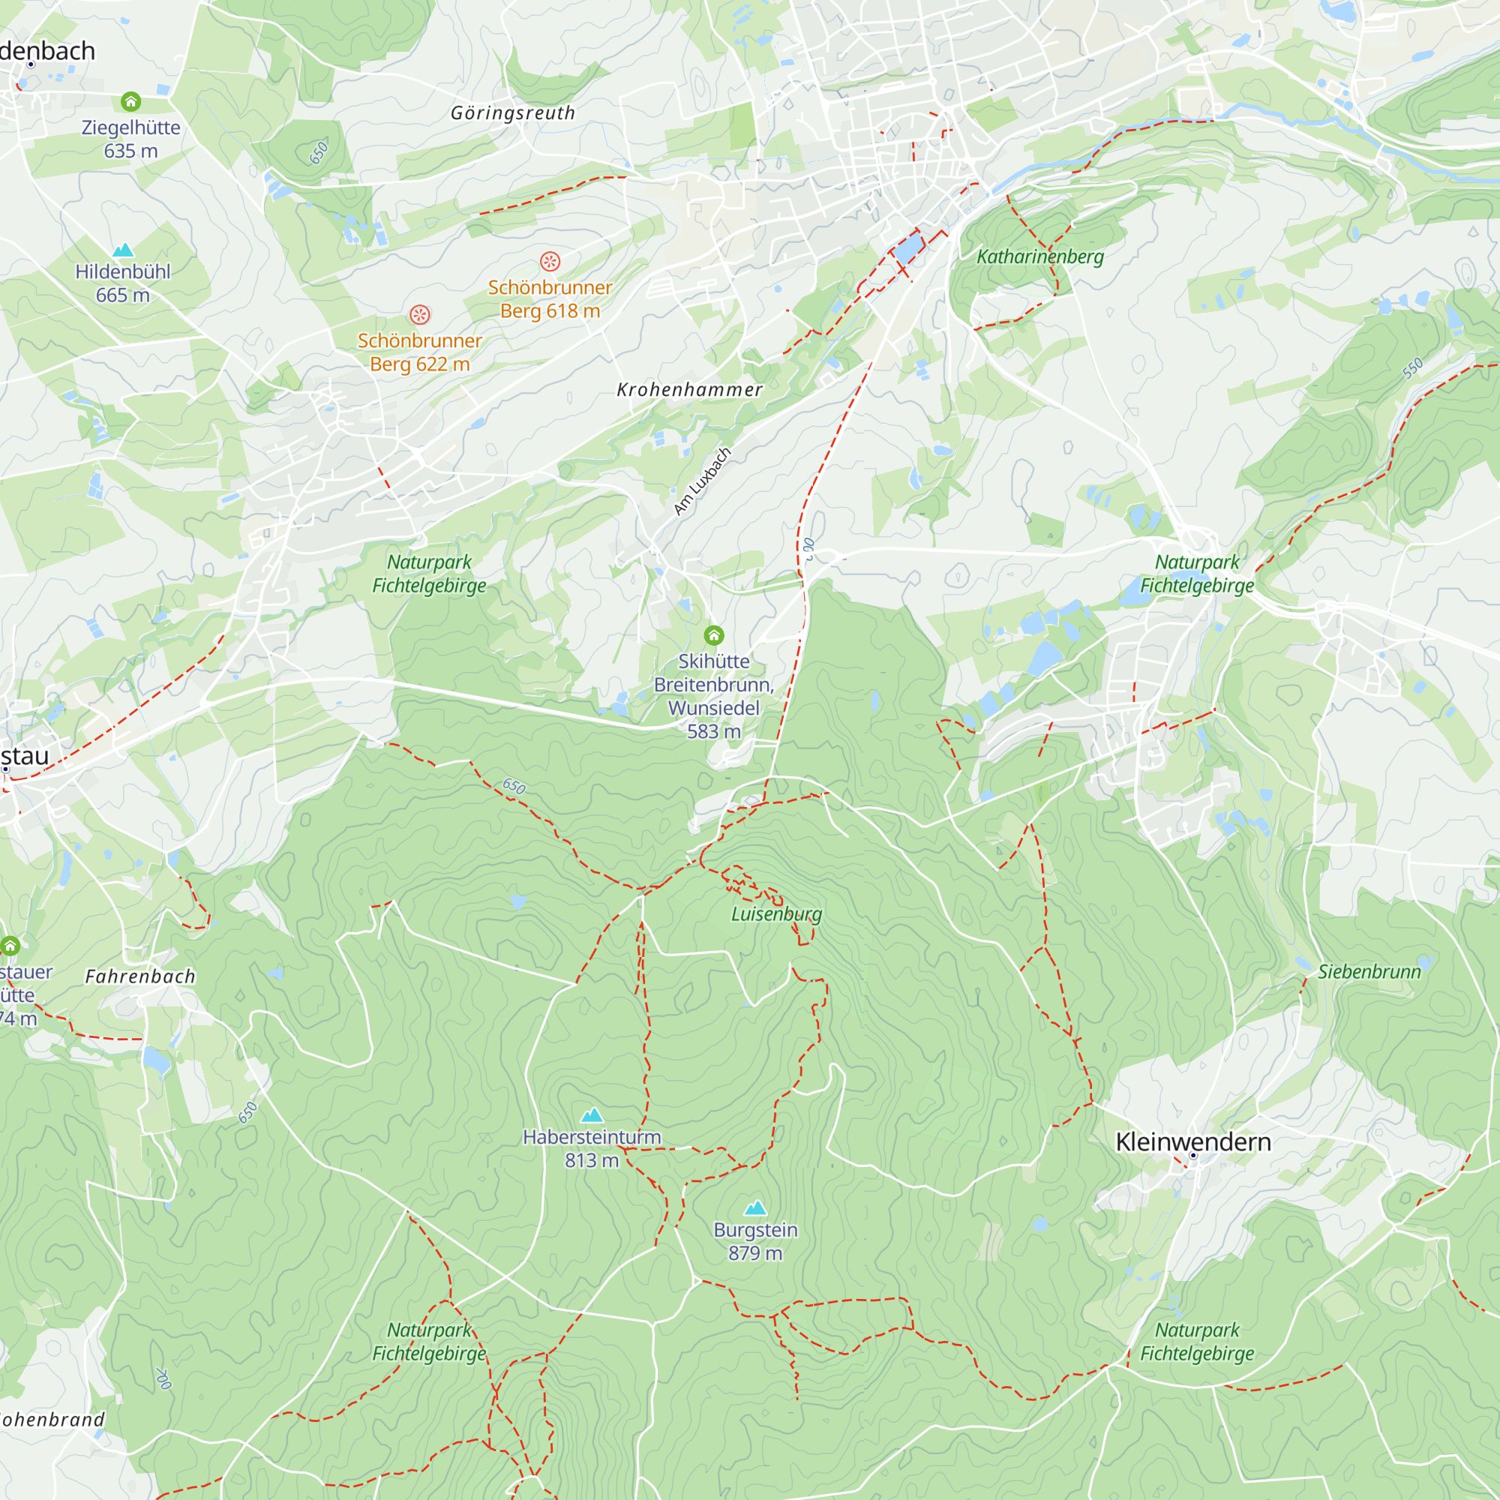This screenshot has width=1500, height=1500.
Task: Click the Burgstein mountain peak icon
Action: (755, 1208)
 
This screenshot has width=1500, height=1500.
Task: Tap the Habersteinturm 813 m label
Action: (592, 1148)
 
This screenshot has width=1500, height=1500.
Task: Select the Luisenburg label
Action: (776, 913)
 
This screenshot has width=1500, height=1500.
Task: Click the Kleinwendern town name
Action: (1192, 1141)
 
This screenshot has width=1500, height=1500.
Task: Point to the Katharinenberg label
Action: (1039, 256)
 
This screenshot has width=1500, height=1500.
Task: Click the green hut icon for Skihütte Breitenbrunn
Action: (713, 636)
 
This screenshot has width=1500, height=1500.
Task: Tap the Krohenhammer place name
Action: (689, 390)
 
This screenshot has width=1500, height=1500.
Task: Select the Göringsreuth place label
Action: (513, 113)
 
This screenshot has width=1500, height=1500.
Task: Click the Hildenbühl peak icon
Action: (124, 250)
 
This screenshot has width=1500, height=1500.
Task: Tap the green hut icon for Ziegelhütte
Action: (130, 102)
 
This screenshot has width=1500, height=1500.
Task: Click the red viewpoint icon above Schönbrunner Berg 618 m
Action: (550, 262)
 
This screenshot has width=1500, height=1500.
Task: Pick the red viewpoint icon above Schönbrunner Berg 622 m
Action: (419, 314)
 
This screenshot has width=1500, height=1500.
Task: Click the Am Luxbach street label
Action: (702, 481)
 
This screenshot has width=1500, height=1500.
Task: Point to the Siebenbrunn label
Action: (1369, 972)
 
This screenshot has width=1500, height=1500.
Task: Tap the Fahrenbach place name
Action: (140, 976)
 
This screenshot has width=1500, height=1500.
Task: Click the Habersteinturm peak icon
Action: (592, 1115)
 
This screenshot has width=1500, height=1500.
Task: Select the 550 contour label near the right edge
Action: (1412, 368)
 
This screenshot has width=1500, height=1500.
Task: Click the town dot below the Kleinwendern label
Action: (1193, 1156)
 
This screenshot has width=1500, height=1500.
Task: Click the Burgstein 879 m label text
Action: (755, 1241)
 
